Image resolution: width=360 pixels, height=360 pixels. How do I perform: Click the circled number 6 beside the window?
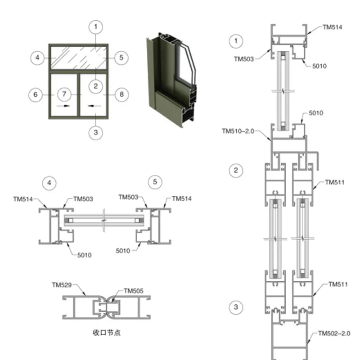[36, 94]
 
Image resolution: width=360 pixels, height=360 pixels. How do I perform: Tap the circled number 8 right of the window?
[120, 94]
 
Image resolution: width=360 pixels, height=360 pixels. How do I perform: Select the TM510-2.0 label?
[238, 131]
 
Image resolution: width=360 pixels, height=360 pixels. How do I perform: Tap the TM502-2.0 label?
[333, 333]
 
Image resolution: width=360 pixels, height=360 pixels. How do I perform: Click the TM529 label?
[62, 285]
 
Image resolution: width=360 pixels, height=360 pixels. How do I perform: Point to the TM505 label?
[133, 291]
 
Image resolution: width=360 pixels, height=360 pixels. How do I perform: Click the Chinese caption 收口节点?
[107, 333]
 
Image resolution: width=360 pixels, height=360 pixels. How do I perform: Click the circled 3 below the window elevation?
[95, 133]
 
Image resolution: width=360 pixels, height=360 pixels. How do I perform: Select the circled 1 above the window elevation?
[95, 27]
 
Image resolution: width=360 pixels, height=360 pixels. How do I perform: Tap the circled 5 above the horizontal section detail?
[155, 182]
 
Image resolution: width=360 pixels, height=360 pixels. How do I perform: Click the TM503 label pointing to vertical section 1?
[244, 58]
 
